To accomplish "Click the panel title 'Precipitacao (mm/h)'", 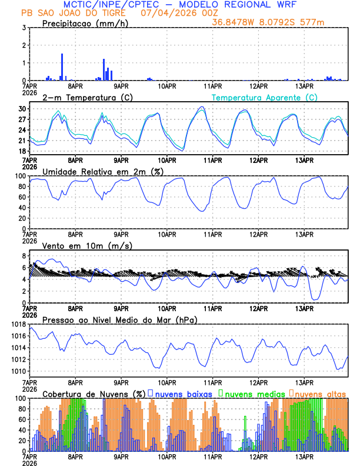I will tap(86, 23).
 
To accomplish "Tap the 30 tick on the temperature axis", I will tap(22, 109).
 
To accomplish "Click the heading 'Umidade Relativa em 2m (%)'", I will tap(102, 171).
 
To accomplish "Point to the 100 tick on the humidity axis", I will tap(19, 176).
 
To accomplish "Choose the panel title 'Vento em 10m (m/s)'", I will tap(87, 245).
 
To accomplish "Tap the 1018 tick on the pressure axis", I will tap(16, 324).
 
